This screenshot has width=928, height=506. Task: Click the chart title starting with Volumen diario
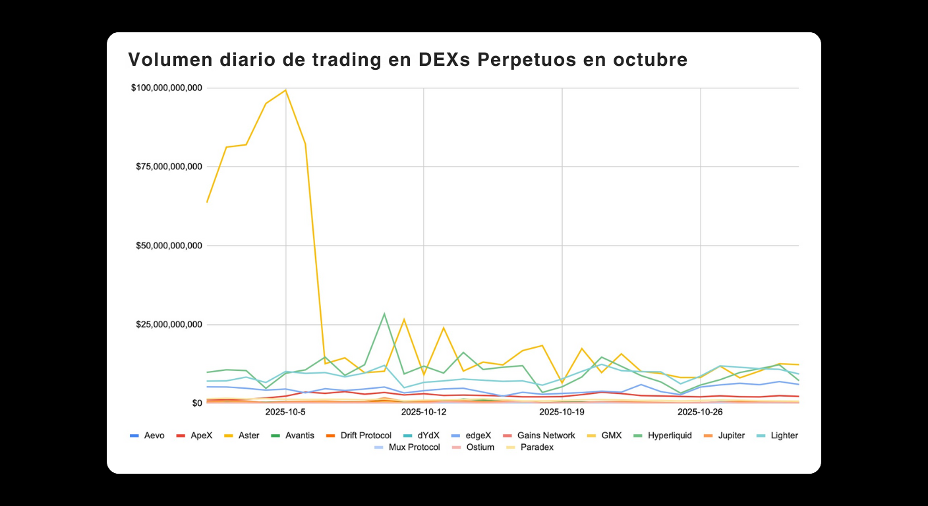[x=407, y=60]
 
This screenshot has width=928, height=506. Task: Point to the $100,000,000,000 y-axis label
[x=167, y=88]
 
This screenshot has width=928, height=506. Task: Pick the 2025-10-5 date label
[x=285, y=412]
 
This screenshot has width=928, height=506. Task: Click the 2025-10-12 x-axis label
[x=424, y=412]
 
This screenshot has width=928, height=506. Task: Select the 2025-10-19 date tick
[x=562, y=412]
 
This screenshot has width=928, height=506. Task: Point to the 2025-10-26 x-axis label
[x=700, y=412]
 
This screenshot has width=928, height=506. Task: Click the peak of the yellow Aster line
[x=285, y=90]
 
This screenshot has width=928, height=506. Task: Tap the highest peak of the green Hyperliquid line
[x=384, y=314]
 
